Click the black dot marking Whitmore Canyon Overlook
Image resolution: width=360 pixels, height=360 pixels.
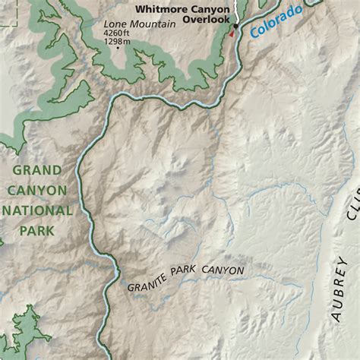click(x=235, y=26)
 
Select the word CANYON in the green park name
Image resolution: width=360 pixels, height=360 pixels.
click(x=38, y=190)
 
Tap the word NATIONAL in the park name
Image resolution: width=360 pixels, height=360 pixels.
click(x=38, y=210)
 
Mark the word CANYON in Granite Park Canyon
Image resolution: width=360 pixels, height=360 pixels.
click(x=222, y=270)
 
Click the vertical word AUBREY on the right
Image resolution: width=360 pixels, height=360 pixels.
click(x=339, y=289)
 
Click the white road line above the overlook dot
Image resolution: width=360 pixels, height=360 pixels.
click(x=236, y=11)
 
